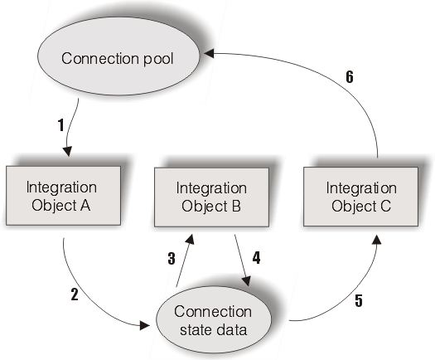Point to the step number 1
(x=60, y=127)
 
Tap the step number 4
(x=256, y=258)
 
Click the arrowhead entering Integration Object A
(x=66, y=152)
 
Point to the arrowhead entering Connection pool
(x=210, y=53)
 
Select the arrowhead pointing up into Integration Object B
(x=192, y=238)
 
